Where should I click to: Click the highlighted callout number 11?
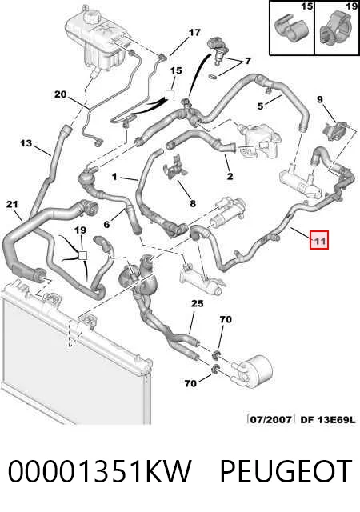coord(319,240)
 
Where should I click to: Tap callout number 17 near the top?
coord(194,32)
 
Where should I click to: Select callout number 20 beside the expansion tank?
coord(61,94)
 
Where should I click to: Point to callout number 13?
coord(26,142)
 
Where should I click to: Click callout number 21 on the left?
coord(12,205)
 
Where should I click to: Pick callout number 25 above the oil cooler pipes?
coord(197,303)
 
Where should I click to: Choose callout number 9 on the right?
coord(320,98)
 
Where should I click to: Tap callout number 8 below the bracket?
coord(193,204)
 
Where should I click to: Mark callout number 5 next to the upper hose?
coord(260,106)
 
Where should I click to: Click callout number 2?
coord(230,176)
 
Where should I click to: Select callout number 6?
coord(106,224)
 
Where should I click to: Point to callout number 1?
coord(114,177)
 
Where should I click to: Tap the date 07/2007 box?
coord(271,419)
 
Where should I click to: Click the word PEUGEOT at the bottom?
coord(286,471)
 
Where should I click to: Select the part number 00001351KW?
coord(99,471)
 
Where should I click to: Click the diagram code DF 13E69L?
coord(327,419)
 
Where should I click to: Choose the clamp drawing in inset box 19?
coord(338,30)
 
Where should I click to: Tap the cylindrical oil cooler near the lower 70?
coord(254,370)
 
